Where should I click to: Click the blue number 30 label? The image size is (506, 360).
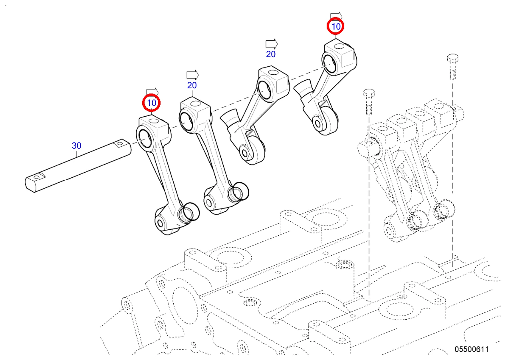[x=76, y=146]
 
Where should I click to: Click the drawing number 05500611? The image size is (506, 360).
[x=472, y=349]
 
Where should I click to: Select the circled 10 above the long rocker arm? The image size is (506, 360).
[x=151, y=103]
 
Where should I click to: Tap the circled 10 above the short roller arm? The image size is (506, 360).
[x=335, y=26]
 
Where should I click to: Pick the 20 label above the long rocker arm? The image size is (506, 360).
[x=192, y=86]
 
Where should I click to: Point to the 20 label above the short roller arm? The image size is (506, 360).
[x=271, y=54]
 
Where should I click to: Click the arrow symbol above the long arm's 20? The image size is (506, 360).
[x=192, y=75]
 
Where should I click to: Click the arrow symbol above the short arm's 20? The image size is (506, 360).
[x=272, y=44]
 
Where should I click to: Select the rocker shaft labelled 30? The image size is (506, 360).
[x=78, y=166]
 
